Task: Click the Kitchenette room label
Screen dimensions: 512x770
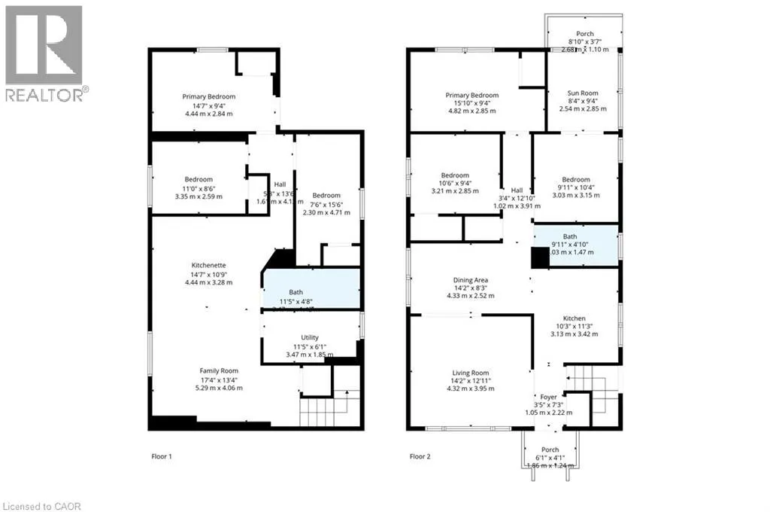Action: [208, 265]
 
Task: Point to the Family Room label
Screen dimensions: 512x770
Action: [219, 370]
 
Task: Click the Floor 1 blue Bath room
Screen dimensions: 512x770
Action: [311, 288]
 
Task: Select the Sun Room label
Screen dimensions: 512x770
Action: [583, 93]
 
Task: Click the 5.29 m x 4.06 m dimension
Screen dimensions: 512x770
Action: [219, 389]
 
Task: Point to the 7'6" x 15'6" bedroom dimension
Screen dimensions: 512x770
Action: [326, 203]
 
